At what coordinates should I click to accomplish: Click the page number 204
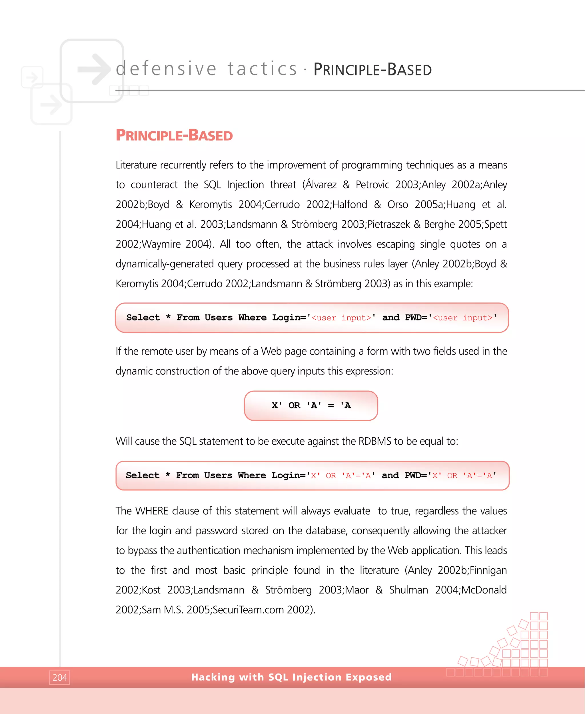[x=60, y=677]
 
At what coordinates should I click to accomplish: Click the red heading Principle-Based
[x=174, y=135]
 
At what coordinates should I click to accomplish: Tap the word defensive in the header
[x=166, y=69]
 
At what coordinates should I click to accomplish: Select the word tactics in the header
[x=262, y=69]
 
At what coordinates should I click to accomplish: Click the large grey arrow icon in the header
[x=94, y=69]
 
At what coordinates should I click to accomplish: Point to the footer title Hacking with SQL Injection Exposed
[x=291, y=677]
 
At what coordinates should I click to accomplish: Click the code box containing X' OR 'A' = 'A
[x=311, y=406]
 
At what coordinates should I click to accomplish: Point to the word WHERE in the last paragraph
[x=152, y=511]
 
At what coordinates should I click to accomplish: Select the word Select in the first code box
[x=143, y=317]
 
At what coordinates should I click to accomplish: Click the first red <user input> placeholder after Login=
[x=341, y=318]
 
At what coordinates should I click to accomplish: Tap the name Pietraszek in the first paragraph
[x=388, y=224]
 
